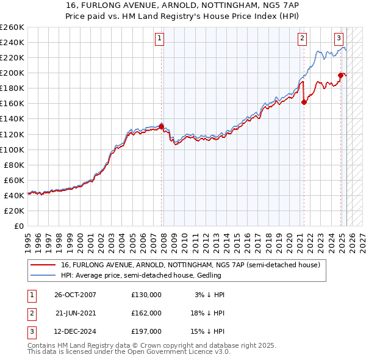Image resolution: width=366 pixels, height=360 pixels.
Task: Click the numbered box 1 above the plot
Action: (x=159, y=38)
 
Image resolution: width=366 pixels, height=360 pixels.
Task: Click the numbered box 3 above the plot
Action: (x=339, y=38)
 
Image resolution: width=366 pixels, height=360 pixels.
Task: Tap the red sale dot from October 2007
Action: (x=162, y=126)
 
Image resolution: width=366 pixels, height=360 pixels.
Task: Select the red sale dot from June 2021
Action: (x=304, y=102)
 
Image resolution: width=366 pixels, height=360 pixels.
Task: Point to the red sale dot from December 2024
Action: (x=340, y=75)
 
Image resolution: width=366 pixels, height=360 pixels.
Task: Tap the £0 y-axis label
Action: (x=20, y=226)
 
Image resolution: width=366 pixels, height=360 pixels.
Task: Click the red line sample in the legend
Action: (x=43, y=265)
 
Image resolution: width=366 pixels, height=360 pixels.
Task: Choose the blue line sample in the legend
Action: (x=43, y=275)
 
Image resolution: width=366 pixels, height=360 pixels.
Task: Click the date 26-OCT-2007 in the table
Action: (x=75, y=294)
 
